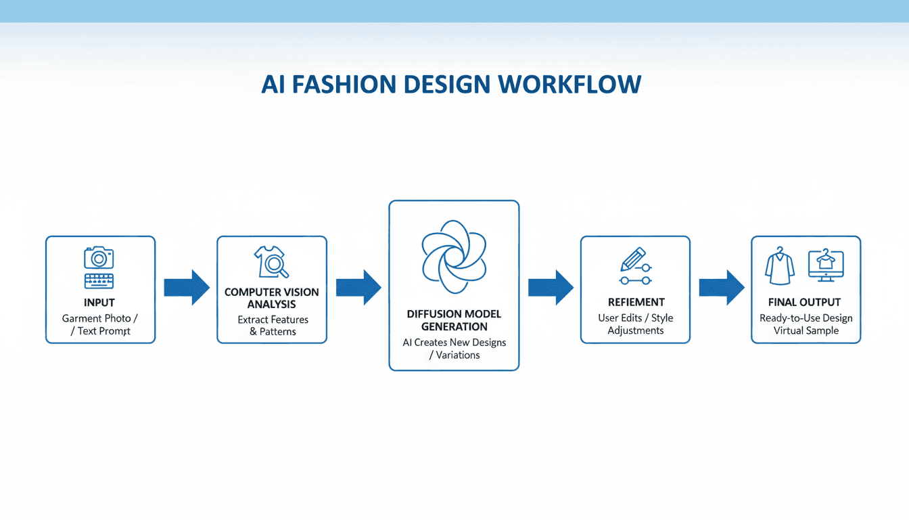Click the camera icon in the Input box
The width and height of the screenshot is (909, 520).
coord(99,257)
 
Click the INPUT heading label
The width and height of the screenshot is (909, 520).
coord(99,303)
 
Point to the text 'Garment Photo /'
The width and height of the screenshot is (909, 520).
coord(100,318)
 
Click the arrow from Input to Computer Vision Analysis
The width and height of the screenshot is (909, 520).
coord(187,288)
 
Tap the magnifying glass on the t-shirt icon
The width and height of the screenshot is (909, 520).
coord(277,267)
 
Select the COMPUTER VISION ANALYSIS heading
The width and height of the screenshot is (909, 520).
coord(271,298)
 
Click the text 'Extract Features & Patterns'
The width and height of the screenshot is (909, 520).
coord(273,326)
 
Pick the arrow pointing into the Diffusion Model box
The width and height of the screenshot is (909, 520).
coord(358,288)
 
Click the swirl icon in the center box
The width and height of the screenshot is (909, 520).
coord(454,256)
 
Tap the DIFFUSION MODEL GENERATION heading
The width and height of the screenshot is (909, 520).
coord(454,320)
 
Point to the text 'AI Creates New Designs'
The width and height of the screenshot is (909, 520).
coord(454,343)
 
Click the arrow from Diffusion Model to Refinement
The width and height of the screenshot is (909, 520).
coord(551,288)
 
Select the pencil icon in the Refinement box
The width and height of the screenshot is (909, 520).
coord(632,260)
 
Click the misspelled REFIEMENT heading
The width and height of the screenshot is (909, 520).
coord(636,303)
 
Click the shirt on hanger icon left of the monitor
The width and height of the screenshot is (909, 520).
coord(780,266)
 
